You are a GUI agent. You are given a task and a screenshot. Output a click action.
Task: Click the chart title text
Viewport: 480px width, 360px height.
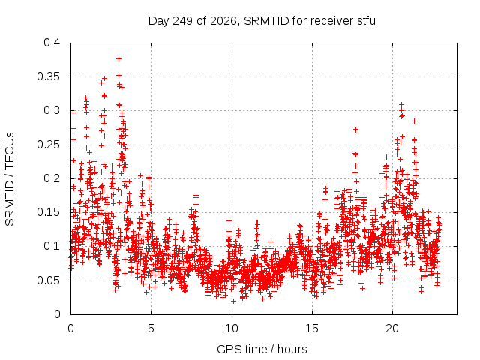pos(262,21)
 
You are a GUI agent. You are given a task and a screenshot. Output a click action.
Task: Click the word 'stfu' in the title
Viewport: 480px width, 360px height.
pos(366,21)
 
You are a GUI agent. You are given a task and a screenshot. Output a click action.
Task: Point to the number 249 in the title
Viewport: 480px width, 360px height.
pos(183,21)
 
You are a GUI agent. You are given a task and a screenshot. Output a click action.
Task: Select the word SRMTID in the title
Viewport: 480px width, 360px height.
pos(266,21)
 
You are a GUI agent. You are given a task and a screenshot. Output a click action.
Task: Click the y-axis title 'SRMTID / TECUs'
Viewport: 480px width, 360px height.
pos(10,179)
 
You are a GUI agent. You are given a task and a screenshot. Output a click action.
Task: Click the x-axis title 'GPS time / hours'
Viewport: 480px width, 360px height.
pos(262,349)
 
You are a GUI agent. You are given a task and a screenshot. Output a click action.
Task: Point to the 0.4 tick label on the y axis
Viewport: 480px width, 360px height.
pos(52,43)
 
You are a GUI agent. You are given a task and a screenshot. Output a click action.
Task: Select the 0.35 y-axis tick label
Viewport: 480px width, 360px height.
pos(48,76)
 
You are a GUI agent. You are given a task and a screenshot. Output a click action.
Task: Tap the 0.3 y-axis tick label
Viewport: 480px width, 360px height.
pos(52,110)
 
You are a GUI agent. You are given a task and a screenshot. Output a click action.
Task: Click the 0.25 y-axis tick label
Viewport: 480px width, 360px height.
pos(48,145)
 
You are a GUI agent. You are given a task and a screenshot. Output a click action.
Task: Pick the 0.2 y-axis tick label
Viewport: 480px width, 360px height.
pos(52,178)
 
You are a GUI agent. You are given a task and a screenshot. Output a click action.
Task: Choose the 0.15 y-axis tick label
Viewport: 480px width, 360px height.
pos(48,212)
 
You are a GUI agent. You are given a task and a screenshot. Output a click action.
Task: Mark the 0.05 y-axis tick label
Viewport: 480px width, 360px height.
pos(48,280)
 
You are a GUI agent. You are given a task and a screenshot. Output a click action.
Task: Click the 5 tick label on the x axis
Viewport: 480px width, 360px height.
pos(151,328)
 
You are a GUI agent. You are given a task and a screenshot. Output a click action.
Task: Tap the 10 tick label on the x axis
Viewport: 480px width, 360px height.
pos(232,328)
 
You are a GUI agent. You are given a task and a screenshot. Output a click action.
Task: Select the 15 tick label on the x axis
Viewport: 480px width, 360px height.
pos(312,328)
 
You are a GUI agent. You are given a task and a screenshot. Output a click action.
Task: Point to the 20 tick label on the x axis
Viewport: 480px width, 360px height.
pos(392,328)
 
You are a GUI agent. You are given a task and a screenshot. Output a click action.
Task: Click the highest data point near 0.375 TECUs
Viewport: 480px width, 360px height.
pos(118,58)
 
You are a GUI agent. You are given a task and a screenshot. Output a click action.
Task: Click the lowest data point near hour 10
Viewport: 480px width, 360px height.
pos(233,301)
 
